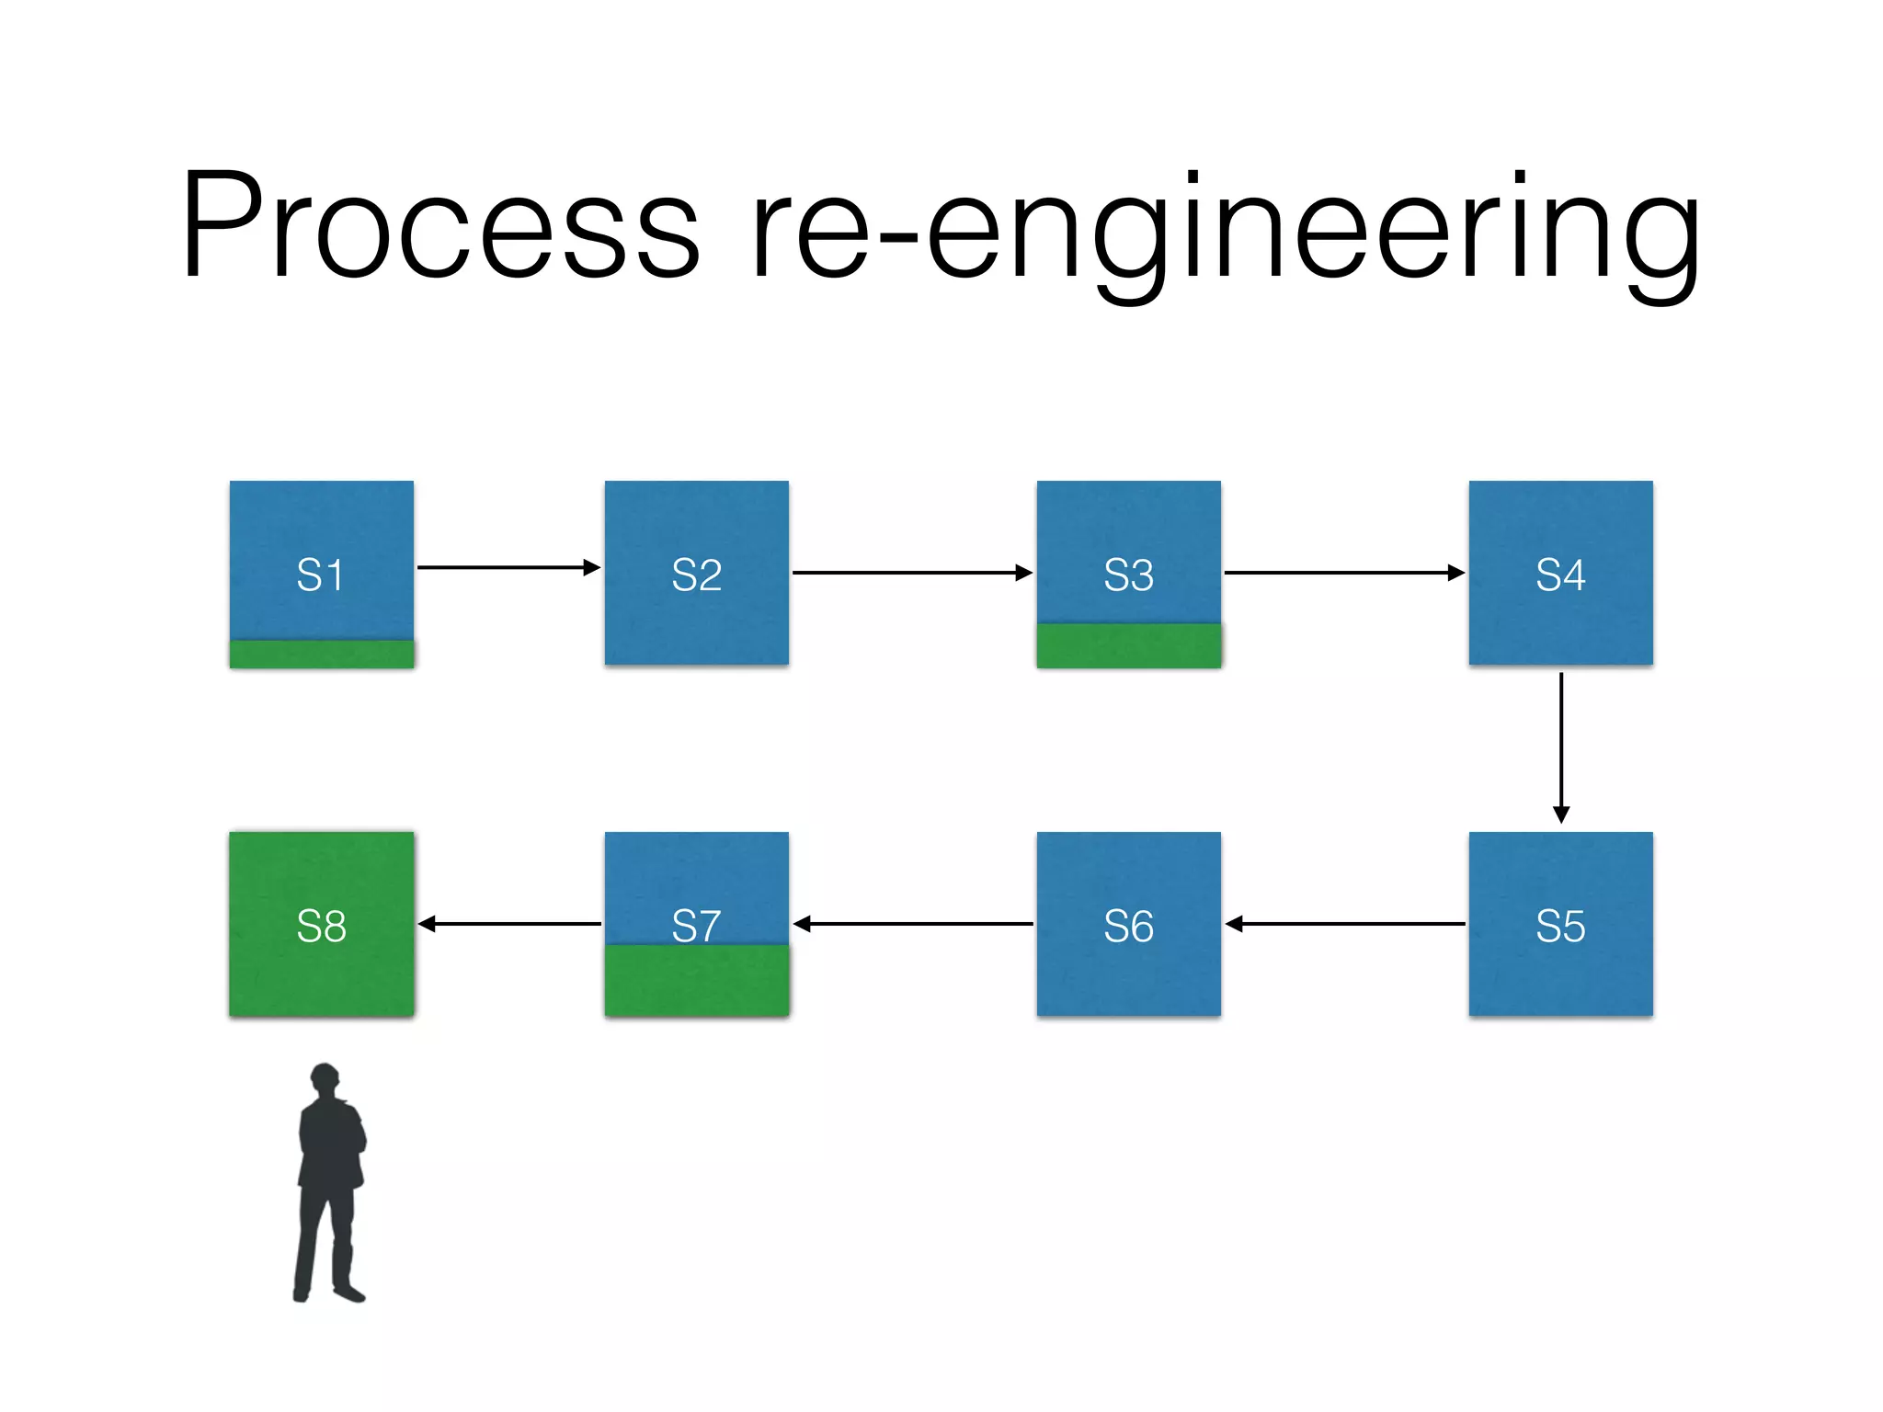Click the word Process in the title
pos(439,225)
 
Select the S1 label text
pos(320,575)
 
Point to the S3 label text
pos(1128,575)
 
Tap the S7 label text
pos(696,925)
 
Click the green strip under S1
pos(321,654)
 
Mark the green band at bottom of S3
pos(1128,645)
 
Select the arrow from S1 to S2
pos(508,567)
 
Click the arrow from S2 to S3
pos(912,573)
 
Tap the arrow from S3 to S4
pos(1344,573)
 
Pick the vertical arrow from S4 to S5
pos(1560,747)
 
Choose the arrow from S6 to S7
pos(912,924)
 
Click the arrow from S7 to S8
pos(509,924)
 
